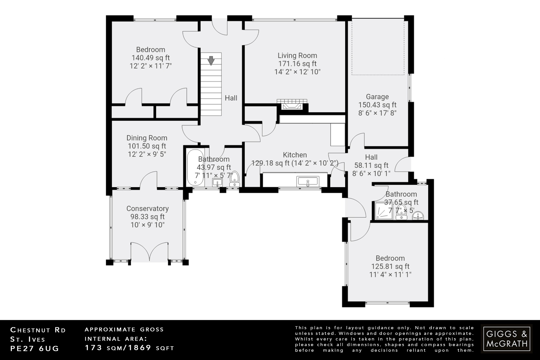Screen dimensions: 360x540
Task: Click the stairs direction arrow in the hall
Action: (x=211, y=60)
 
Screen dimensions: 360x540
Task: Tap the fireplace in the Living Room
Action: (x=292, y=106)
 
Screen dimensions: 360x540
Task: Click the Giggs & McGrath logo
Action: (x=507, y=339)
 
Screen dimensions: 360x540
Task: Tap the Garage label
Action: (x=377, y=97)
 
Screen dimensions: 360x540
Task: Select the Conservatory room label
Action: (x=147, y=209)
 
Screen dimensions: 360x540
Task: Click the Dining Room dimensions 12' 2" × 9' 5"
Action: (x=147, y=154)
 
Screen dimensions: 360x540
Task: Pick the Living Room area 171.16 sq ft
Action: (x=297, y=64)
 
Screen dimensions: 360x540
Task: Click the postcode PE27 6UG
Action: (x=35, y=349)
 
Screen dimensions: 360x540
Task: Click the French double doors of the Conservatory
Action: (x=150, y=252)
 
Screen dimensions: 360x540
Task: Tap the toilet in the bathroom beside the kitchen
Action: (x=234, y=179)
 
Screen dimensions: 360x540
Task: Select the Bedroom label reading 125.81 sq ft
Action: (x=390, y=266)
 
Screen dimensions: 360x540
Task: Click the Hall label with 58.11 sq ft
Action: (x=371, y=165)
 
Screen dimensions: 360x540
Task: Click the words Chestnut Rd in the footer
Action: (x=38, y=330)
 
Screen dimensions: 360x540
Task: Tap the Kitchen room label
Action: (x=295, y=155)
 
